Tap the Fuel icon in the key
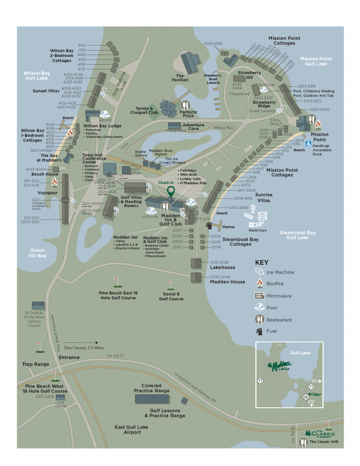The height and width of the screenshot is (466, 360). pyautogui.click(x=259, y=331)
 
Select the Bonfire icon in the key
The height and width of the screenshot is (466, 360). pyautogui.click(x=259, y=284)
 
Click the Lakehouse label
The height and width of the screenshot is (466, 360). pyautogui.click(x=223, y=268)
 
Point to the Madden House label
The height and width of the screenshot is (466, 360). pyautogui.click(x=227, y=282)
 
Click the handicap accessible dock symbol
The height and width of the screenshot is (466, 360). pyautogui.click(x=308, y=144)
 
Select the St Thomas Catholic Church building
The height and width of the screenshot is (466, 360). pyautogui.click(x=38, y=306)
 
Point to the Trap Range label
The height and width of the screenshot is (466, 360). pyautogui.click(x=35, y=364)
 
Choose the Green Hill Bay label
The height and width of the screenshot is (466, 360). pyautogui.click(x=38, y=253)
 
